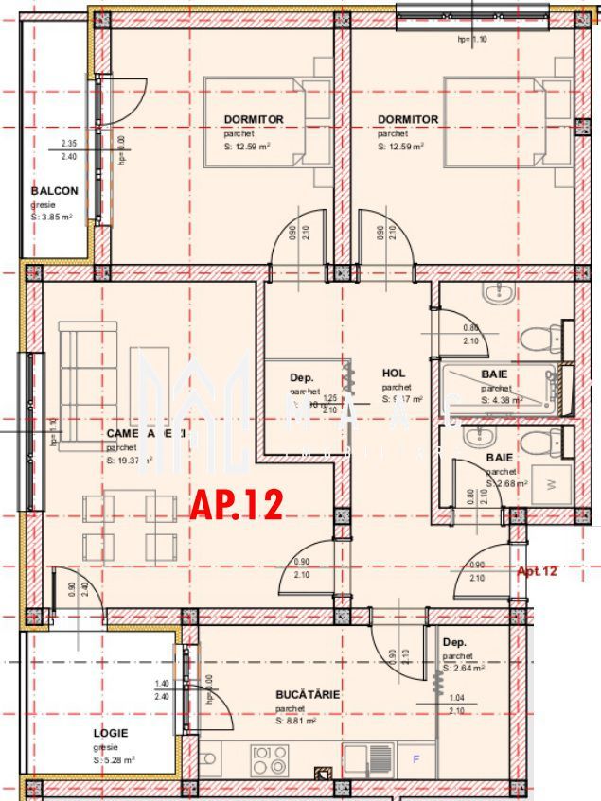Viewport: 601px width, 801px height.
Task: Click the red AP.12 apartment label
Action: point(237,505)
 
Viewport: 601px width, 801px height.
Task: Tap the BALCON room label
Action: point(54,191)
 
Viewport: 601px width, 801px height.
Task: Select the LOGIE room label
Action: point(111,733)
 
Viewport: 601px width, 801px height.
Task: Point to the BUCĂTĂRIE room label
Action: point(308,695)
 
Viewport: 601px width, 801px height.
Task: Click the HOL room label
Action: point(394,374)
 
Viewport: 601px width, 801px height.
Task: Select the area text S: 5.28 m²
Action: point(114,759)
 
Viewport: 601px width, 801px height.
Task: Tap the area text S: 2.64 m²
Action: point(464,667)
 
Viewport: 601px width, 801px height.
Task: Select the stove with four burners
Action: point(270,759)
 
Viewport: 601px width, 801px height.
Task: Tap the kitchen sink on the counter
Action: point(369,757)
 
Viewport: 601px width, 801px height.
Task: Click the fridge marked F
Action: point(415,758)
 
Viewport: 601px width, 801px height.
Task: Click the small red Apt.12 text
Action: point(537,571)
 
